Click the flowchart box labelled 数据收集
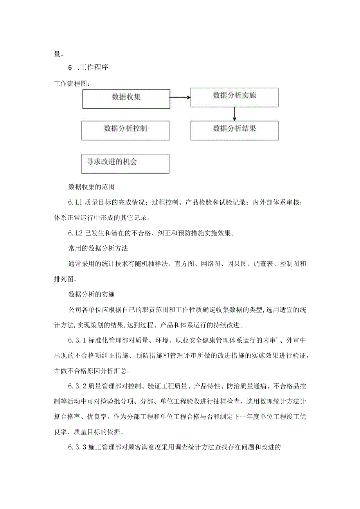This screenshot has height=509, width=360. tap(126, 98)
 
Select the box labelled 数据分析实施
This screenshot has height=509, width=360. tap(234, 97)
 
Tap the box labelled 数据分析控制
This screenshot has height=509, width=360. tap(126, 130)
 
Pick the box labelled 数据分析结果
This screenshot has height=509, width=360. tap(234, 130)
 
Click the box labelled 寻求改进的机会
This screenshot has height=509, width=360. tap(126, 164)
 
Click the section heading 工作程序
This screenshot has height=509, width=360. tap(94, 68)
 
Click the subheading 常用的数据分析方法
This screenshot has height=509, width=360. tap(95, 248)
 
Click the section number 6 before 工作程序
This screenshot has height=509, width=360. tap(70, 68)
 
